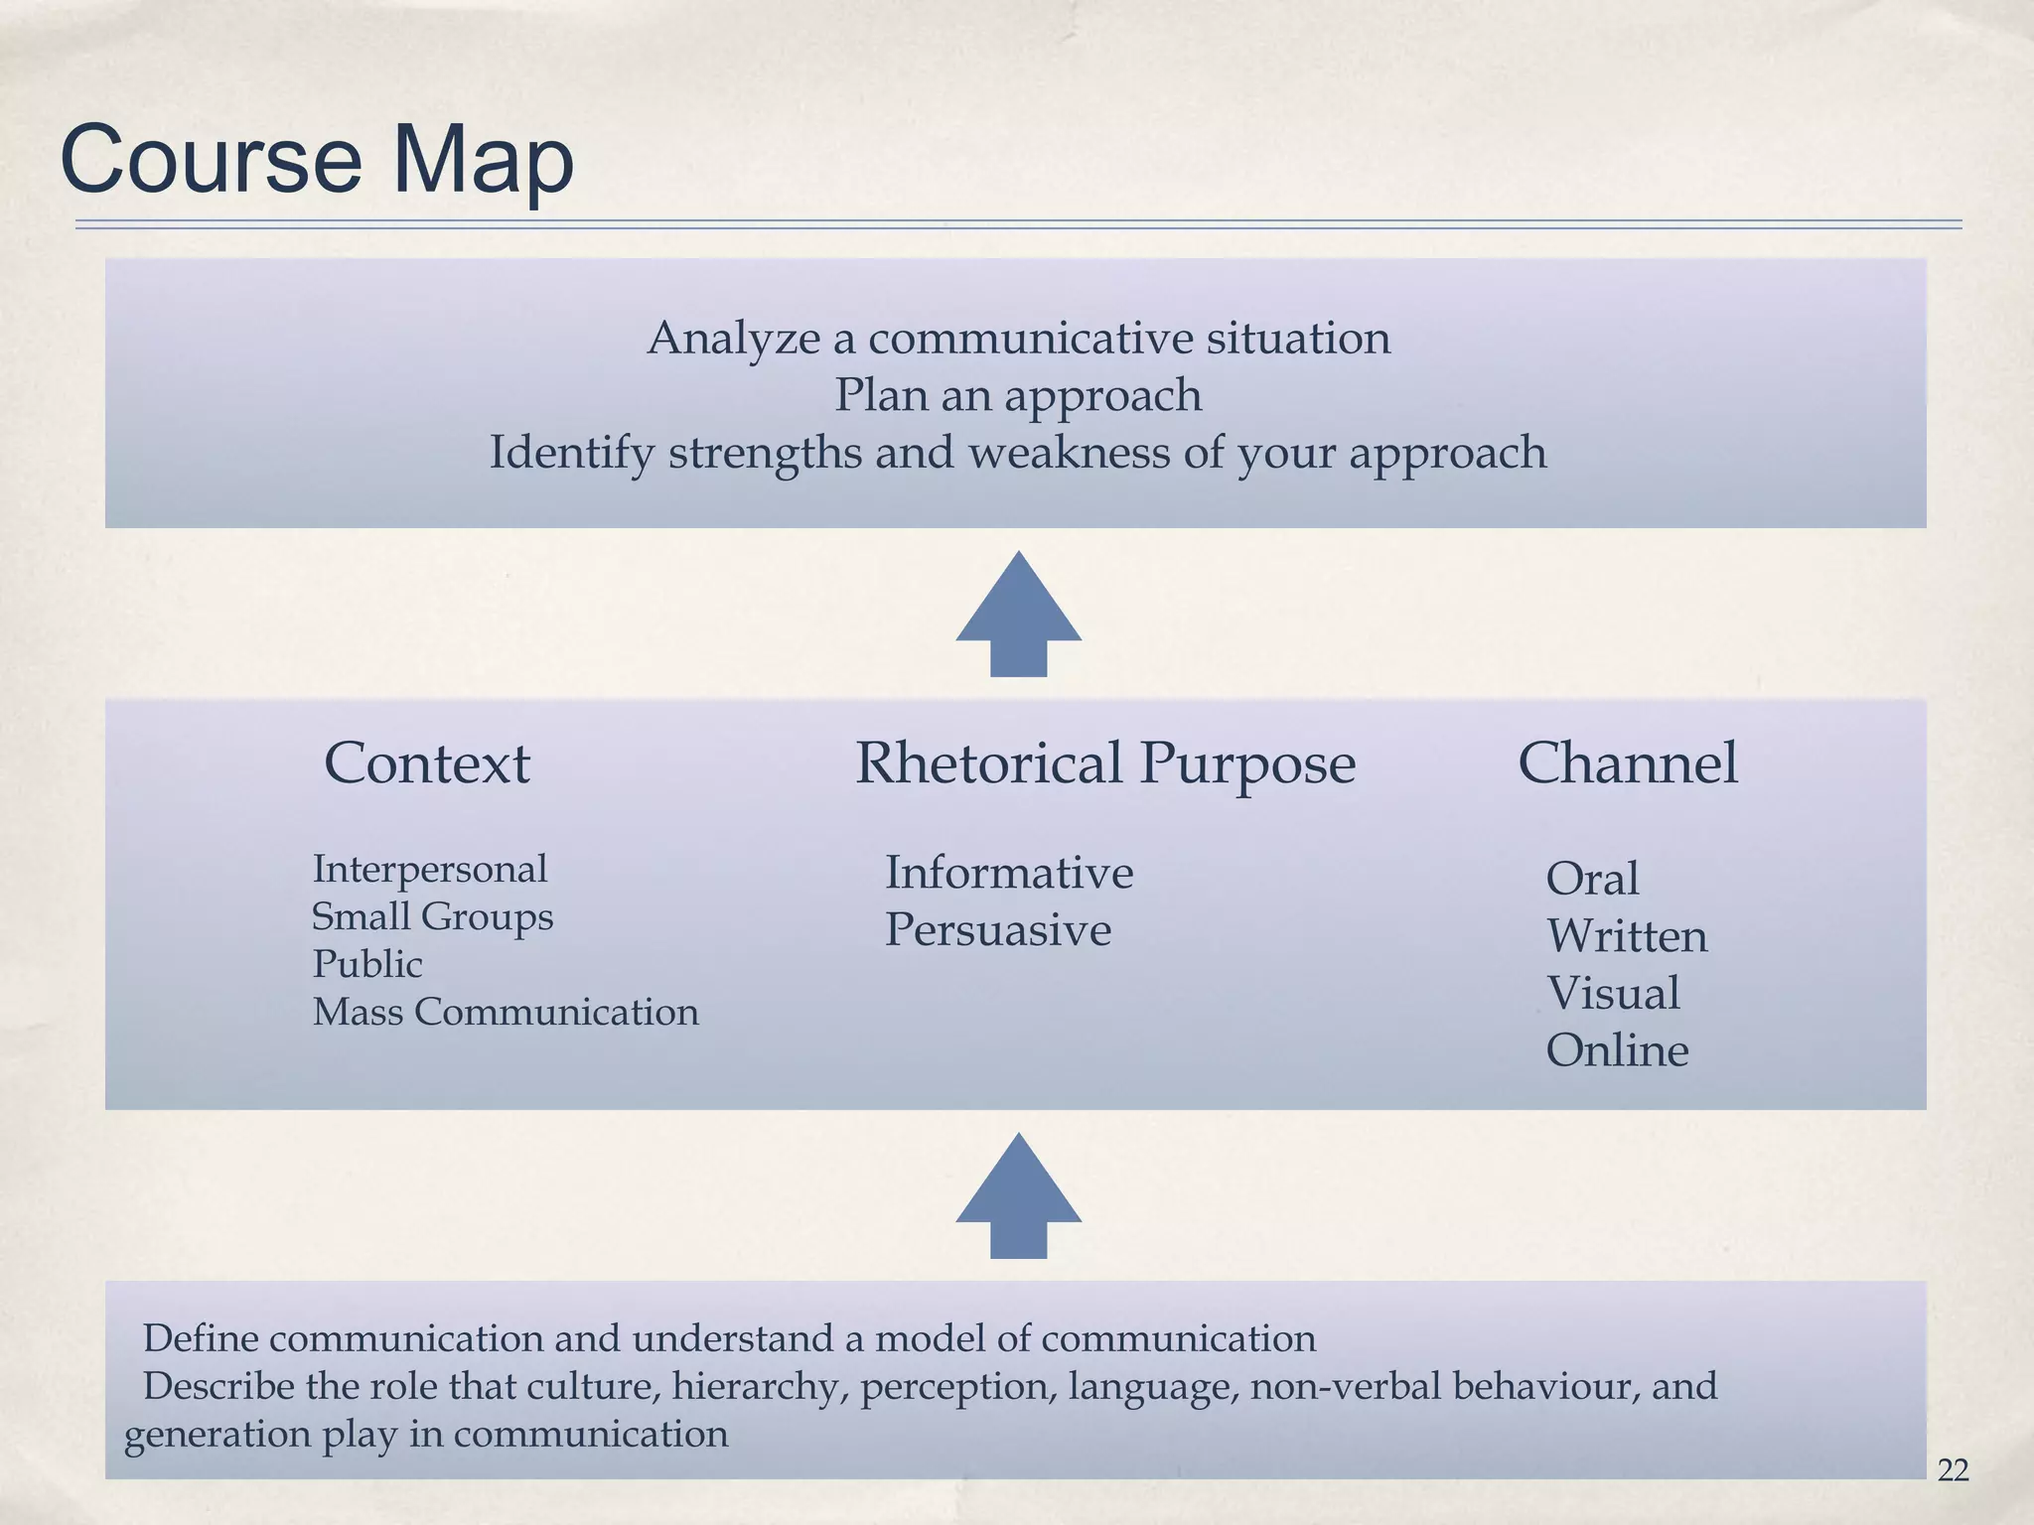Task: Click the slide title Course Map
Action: (x=317, y=159)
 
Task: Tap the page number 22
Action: (x=1953, y=1469)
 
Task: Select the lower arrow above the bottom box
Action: (x=1018, y=1195)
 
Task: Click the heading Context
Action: (x=427, y=763)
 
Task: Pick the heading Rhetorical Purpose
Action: (x=1104, y=763)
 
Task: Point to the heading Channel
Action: (x=1627, y=763)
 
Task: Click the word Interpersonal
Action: (x=429, y=869)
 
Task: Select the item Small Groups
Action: (x=432, y=916)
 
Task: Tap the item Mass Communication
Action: (x=506, y=1012)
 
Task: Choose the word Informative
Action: (x=1008, y=873)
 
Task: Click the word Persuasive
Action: (x=997, y=930)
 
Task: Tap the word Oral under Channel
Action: (x=1591, y=879)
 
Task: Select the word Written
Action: (x=1626, y=936)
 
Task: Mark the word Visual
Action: (x=1612, y=993)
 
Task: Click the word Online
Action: (x=1616, y=1050)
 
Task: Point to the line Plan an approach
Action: (x=1018, y=395)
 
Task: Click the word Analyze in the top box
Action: (x=733, y=339)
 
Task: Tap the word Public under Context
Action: (x=366, y=964)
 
